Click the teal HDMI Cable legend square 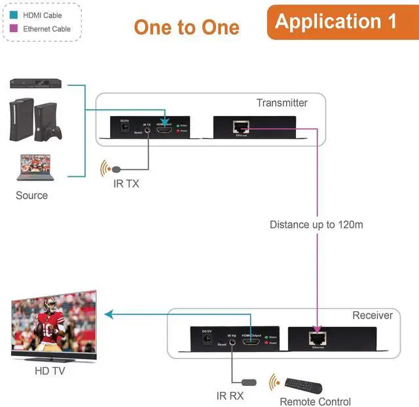14,15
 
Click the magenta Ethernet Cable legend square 14,29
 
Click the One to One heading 187,28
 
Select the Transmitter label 282,103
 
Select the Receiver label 373,315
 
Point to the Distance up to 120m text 316,225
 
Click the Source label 31,195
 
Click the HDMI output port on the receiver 251,342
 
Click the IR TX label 126,184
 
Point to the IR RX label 230,396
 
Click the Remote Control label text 315,402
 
